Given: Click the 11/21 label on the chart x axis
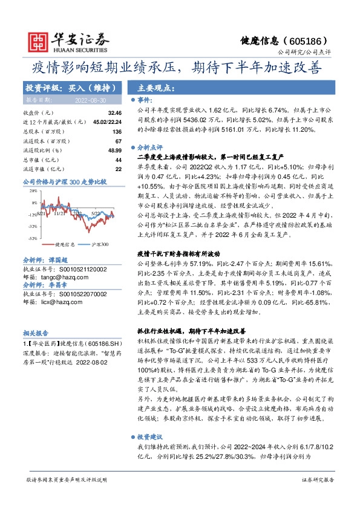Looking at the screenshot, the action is [59, 213].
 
